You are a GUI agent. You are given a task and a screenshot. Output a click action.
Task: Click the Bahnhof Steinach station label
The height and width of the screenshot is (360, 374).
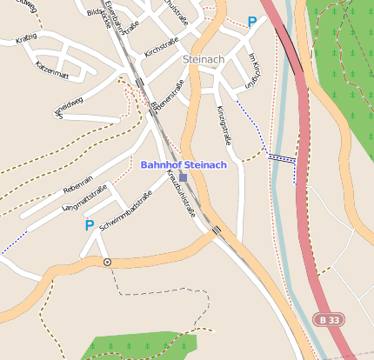184,164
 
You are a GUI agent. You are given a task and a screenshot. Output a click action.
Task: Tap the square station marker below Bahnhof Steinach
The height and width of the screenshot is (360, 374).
183,177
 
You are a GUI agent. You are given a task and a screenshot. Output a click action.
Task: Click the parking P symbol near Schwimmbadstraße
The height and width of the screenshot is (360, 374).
89,225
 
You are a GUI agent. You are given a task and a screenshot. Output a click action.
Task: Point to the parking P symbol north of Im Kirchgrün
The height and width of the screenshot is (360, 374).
252,23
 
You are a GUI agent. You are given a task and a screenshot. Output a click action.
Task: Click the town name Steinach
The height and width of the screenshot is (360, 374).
205,59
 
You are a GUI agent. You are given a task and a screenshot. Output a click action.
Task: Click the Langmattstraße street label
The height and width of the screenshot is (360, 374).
85,198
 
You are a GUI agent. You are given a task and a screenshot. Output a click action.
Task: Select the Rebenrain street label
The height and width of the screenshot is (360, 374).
78,185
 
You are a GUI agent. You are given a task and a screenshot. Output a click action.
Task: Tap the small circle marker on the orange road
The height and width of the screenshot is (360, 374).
107,261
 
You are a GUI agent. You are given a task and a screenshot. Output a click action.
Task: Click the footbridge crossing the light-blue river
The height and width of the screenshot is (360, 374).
282,158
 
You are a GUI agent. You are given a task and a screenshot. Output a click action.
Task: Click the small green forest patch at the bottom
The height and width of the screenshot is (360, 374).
139,344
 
